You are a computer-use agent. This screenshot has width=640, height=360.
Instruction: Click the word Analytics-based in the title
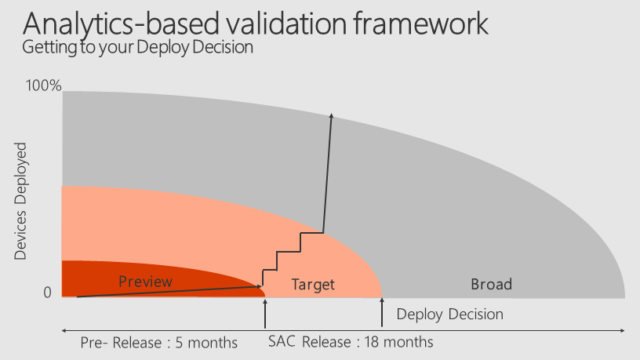tap(122, 24)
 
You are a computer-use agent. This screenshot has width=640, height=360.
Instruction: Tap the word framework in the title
tap(421, 24)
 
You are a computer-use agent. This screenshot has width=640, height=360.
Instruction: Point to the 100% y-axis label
tap(43, 85)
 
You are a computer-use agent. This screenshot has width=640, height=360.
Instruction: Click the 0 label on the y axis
tap(47, 293)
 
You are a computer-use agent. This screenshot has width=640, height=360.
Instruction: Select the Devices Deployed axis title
tap(20, 202)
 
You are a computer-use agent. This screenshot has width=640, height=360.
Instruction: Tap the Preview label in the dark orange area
tap(145, 282)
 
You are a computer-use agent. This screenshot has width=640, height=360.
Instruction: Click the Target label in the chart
tap(313, 285)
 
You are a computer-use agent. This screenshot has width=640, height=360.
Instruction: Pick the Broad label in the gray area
tap(492, 284)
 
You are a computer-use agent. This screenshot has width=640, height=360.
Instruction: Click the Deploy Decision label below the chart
tap(449, 315)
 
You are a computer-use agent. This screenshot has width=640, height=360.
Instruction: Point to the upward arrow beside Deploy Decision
tap(382, 312)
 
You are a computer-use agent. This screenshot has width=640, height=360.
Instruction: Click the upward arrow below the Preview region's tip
tap(265, 314)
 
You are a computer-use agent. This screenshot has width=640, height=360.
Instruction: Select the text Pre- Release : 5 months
tap(158, 343)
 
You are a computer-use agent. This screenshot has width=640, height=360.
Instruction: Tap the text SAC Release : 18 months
tap(351, 342)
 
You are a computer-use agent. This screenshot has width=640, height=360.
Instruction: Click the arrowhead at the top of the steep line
tap(332, 116)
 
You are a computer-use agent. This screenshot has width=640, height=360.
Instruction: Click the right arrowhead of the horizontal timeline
tap(622, 331)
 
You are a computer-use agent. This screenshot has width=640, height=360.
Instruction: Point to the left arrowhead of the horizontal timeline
tap(64, 331)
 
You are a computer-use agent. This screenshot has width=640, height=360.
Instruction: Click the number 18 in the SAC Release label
tap(372, 342)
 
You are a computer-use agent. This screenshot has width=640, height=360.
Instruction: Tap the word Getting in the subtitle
tap(49, 47)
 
